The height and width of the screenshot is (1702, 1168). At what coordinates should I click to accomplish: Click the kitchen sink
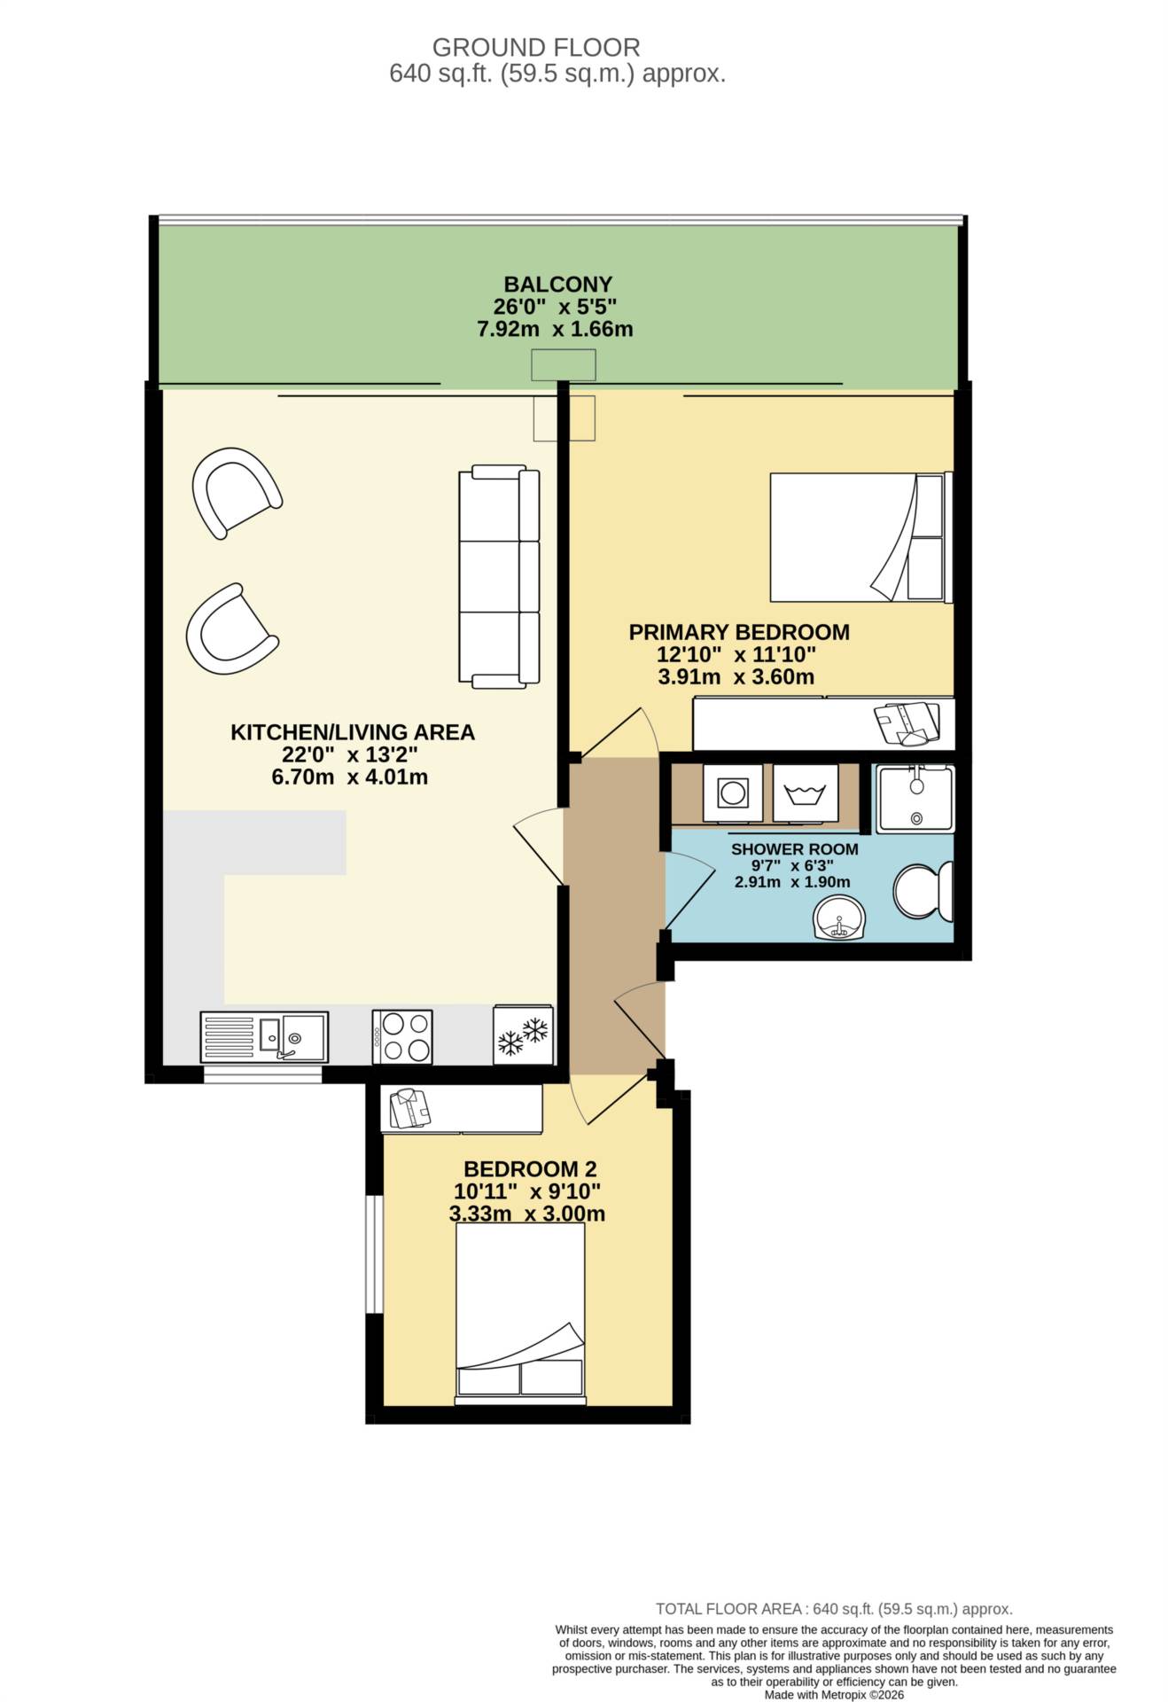pos(264,1037)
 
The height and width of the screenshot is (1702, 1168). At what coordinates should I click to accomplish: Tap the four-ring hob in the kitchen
pos(402,1036)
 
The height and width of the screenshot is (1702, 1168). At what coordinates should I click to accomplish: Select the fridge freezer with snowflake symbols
pos(523,1034)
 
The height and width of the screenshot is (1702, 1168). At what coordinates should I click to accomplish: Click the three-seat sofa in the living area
pos(499,577)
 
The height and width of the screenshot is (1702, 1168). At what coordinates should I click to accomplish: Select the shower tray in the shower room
pos(915,799)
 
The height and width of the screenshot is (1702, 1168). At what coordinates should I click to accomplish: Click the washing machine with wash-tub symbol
pos(805,792)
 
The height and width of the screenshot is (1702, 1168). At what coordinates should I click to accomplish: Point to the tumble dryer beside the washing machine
pos(733,792)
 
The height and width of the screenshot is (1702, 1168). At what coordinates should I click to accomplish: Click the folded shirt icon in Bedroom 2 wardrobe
pos(409,1108)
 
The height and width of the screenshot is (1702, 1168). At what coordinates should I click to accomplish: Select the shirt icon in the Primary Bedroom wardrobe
pos(907,722)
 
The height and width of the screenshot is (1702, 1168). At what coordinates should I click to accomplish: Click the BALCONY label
pos(558,285)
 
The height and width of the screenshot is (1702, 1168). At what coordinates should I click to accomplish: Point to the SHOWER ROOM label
pos(795,849)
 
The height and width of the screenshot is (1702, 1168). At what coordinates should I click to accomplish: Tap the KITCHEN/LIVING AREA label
pos(353,732)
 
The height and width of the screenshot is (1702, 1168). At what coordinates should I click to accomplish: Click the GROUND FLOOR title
pos(536,47)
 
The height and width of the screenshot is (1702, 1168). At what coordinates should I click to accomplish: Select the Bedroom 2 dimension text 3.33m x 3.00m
pos(527,1214)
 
